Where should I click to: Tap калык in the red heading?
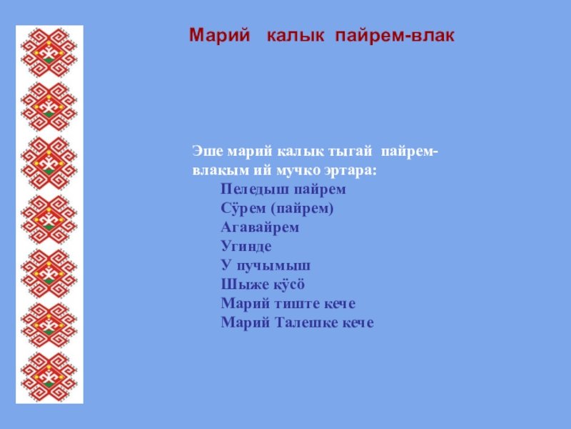pos(295,36)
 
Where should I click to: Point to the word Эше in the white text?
pos(207,151)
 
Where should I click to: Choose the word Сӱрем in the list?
pos(243,208)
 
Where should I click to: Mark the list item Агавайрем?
pos(260,227)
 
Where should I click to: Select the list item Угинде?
pos(246,246)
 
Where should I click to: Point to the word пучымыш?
pos(273,265)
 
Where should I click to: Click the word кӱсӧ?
pos(286,284)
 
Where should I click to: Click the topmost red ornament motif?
pos(49,53)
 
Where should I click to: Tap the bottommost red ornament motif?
pos(49,377)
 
